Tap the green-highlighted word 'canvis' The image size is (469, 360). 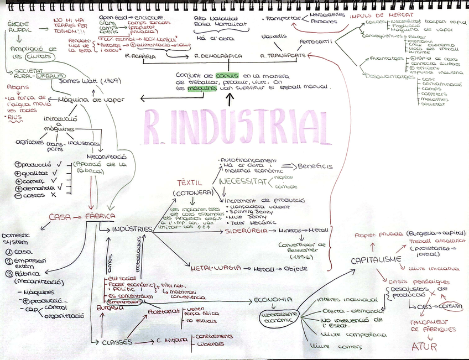227,75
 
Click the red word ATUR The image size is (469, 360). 424,347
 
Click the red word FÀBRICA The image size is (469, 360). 100,216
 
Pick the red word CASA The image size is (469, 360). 60,217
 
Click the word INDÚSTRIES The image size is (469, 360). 132,228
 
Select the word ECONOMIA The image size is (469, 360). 273,300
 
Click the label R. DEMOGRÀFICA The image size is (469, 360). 218,56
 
